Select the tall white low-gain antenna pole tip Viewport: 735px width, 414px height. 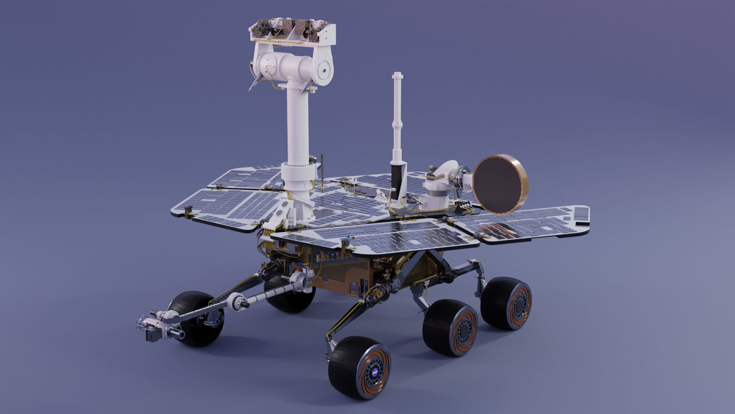click(398, 76)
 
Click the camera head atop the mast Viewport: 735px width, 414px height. click(293, 32)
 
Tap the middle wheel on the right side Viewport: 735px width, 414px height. click(450, 328)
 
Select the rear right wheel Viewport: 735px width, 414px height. click(506, 303)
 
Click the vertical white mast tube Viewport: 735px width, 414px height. click(297, 123)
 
